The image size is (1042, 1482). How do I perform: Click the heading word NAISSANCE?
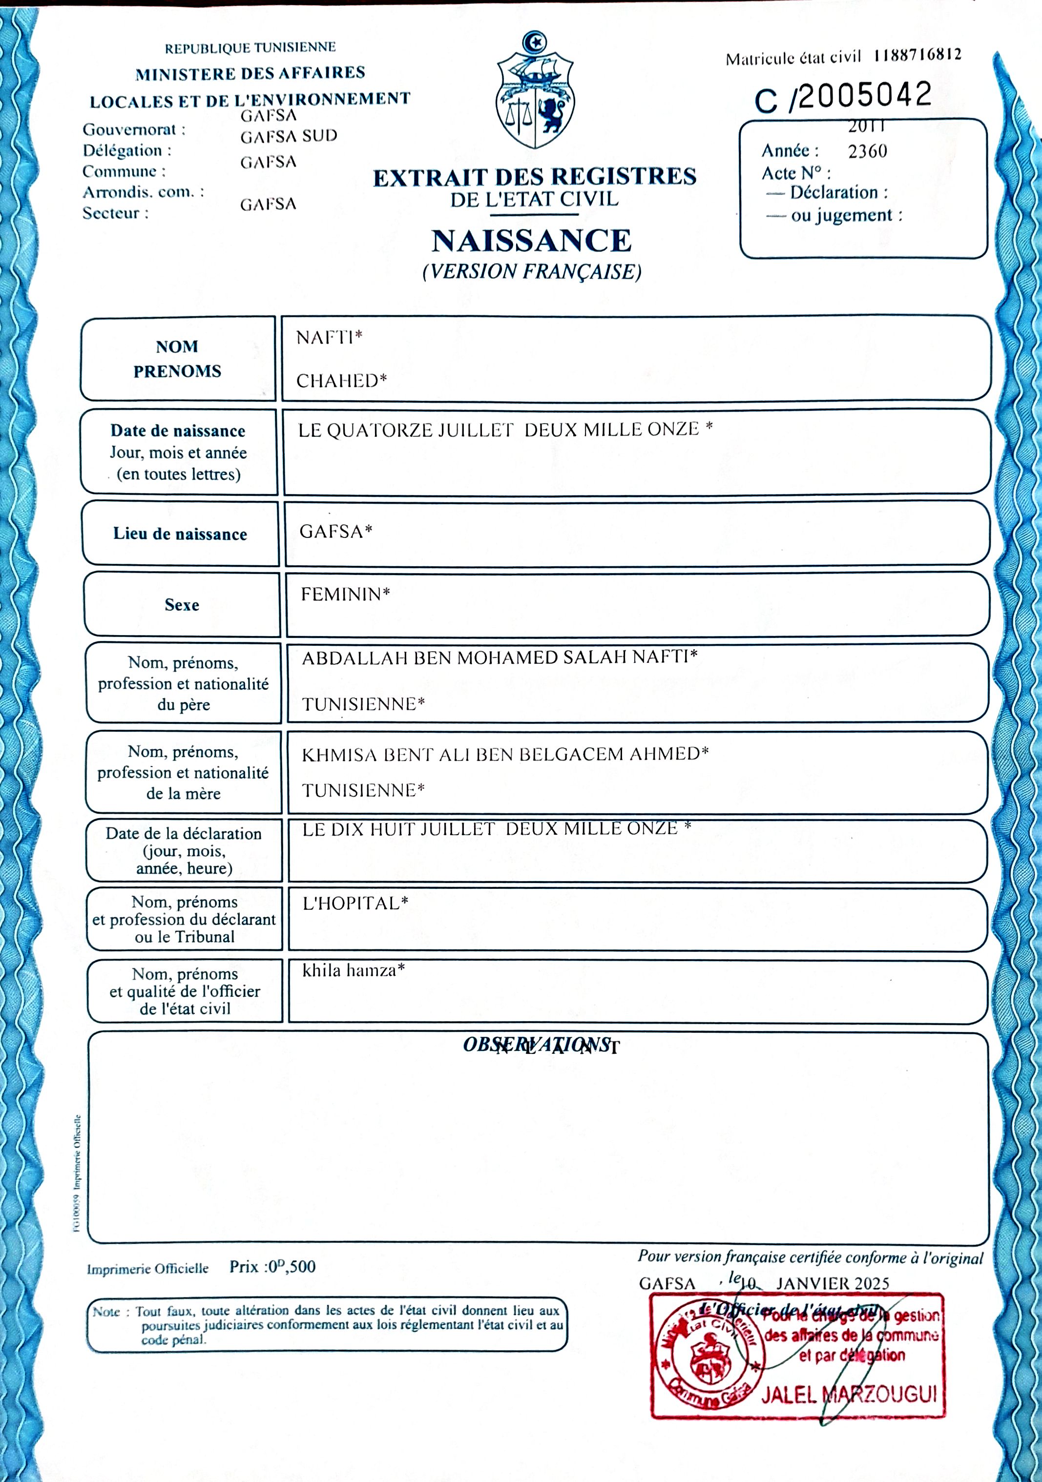click(x=531, y=241)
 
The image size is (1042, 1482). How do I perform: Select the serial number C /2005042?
click(x=843, y=97)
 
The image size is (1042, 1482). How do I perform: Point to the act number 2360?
click(x=867, y=151)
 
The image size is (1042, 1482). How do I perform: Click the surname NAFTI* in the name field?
click(x=329, y=336)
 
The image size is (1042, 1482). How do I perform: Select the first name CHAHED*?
click(x=341, y=381)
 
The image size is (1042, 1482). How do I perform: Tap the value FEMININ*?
click(x=345, y=594)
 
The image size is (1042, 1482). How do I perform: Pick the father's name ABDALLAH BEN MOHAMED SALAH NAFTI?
click(x=500, y=658)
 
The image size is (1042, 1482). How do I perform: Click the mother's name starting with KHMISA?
click(x=505, y=753)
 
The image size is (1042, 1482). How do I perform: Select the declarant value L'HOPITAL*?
click(x=355, y=903)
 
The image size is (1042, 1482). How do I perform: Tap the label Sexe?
click(x=182, y=605)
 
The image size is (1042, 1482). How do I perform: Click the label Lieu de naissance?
click(x=180, y=534)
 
